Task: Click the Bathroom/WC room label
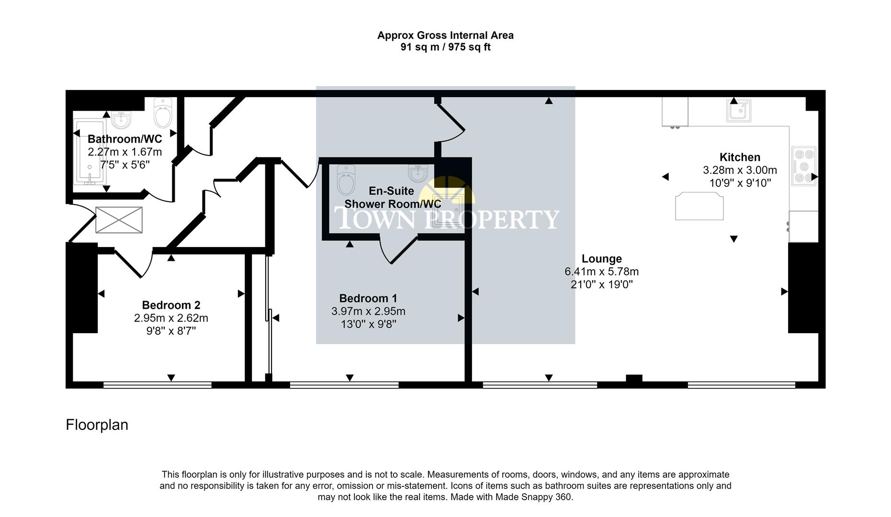(124, 139)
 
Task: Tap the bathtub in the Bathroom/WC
(90, 152)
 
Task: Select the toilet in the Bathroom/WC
(163, 113)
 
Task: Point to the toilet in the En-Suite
(346, 180)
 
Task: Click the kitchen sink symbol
(738, 111)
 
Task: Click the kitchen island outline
(699, 206)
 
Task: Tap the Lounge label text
(601, 259)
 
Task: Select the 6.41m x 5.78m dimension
(601, 272)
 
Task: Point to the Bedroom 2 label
(171, 305)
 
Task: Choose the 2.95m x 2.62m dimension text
(171, 318)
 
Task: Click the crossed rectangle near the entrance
(119, 220)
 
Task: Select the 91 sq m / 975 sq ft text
(445, 47)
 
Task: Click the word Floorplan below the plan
(97, 425)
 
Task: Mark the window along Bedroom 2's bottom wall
(157, 385)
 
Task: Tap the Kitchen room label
(739, 157)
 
